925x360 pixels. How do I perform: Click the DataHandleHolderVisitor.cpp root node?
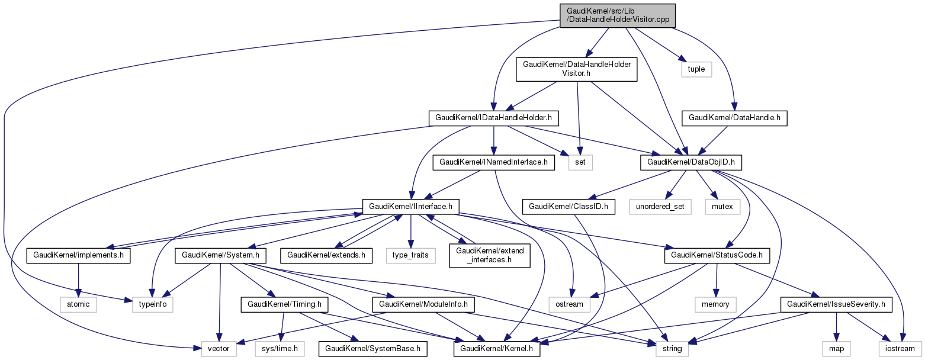click(614, 15)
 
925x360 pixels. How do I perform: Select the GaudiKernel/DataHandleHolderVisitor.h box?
click(577, 69)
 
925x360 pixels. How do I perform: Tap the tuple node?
click(696, 69)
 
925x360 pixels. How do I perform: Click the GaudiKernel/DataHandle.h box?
click(733, 118)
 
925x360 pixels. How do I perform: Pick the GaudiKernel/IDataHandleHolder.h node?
click(493, 118)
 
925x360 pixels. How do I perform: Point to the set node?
click(580, 161)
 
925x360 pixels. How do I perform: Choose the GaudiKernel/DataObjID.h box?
click(685, 161)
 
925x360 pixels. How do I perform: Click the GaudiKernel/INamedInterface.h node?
click(493, 161)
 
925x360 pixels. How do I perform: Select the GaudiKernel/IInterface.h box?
click(411, 207)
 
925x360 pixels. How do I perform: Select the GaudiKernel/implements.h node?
click(78, 256)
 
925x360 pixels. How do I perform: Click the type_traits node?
click(411, 256)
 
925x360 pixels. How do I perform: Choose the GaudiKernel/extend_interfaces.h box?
click(489, 256)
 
